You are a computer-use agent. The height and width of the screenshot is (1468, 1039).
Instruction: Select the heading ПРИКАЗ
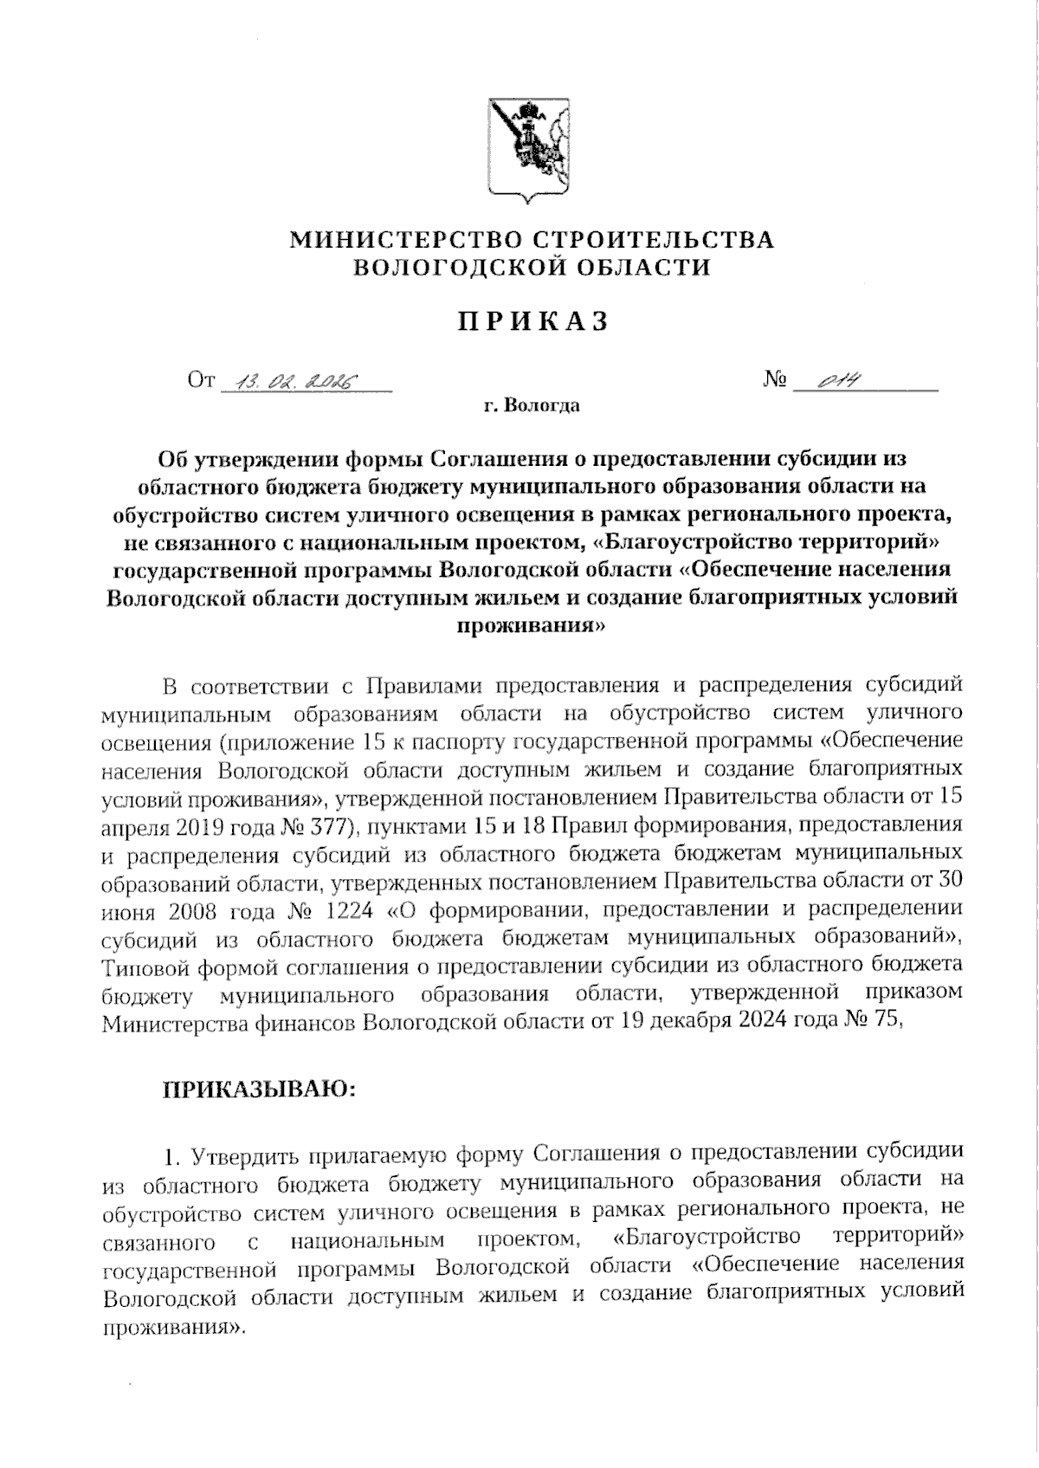[533, 321]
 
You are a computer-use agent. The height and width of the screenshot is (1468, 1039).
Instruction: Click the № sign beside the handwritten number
[775, 380]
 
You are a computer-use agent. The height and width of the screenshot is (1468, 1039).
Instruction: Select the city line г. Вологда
[532, 405]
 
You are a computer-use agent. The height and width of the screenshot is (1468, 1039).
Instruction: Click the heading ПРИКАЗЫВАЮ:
[258, 1090]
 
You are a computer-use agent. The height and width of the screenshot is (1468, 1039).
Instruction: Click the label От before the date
[200, 380]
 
